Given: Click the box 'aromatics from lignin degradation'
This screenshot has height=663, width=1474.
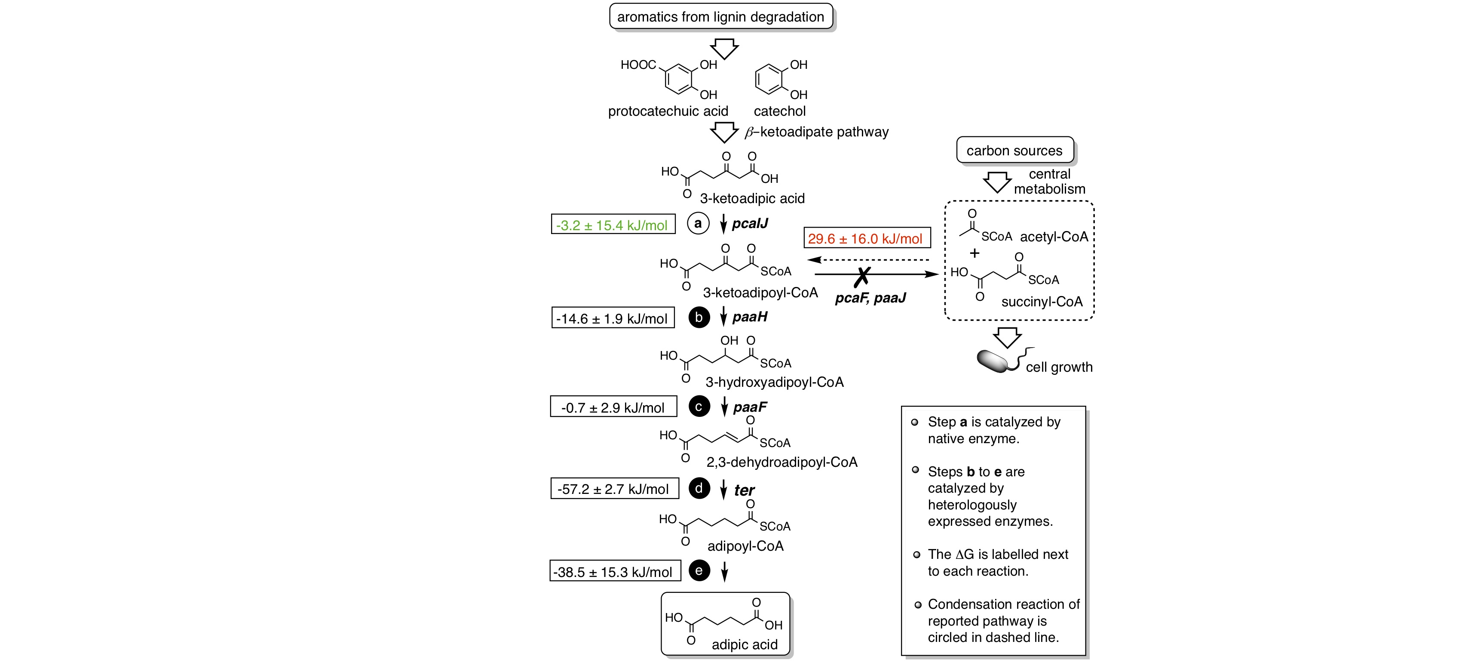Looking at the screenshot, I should (x=720, y=17).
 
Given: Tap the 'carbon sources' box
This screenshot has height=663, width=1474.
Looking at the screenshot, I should (x=1014, y=151).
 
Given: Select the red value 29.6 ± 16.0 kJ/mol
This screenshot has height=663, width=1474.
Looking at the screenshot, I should (x=866, y=238).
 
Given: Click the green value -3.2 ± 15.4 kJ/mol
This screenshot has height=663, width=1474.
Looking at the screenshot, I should (x=612, y=225).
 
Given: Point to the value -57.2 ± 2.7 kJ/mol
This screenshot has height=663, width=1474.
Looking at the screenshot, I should (x=613, y=489).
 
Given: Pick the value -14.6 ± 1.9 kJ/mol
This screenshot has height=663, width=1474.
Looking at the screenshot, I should (x=612, y=318).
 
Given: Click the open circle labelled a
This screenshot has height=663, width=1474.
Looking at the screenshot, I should (x=698, y=223).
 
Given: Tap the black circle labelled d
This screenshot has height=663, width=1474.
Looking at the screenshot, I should (x=699, y=488).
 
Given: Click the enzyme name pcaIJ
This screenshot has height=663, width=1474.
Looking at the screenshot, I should (x=750, y=223).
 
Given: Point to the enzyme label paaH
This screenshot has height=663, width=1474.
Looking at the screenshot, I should (x=750, y=317).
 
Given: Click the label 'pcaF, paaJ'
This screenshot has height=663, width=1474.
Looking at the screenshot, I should (x=870, y=298).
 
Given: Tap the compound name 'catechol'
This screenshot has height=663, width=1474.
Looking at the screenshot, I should (x=779, y=111).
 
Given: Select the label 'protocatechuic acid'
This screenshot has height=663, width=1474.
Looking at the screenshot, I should (x=668, y=111).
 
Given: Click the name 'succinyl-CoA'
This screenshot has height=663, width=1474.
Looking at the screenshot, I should (x=1042, y=302).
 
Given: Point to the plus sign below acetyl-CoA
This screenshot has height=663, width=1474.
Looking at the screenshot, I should (x=974, y=253).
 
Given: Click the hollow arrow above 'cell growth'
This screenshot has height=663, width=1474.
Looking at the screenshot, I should (x=1007, y=336).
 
